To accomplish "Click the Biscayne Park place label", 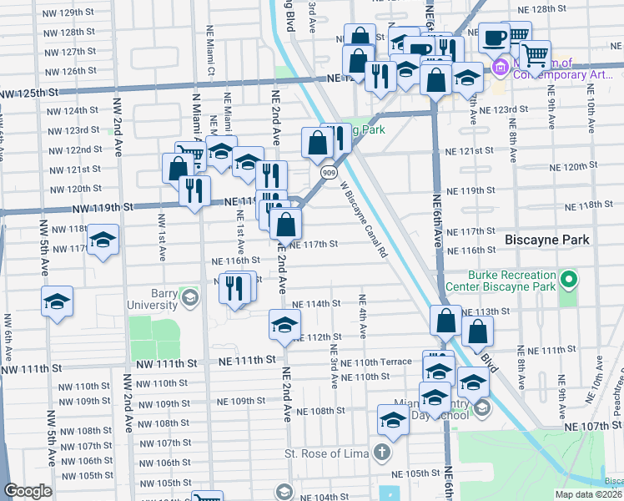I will coord(547,240).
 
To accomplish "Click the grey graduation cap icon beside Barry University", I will coord(190,298).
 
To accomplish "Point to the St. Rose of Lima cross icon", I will coord(382,453).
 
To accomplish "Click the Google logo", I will coord(28,491).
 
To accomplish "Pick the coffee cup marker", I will coord(494,38).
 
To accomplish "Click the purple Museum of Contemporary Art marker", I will coord(501,67).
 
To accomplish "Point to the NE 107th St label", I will coord(593,426).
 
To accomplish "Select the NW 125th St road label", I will coord(29,93).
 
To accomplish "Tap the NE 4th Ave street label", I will coord(363,316).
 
